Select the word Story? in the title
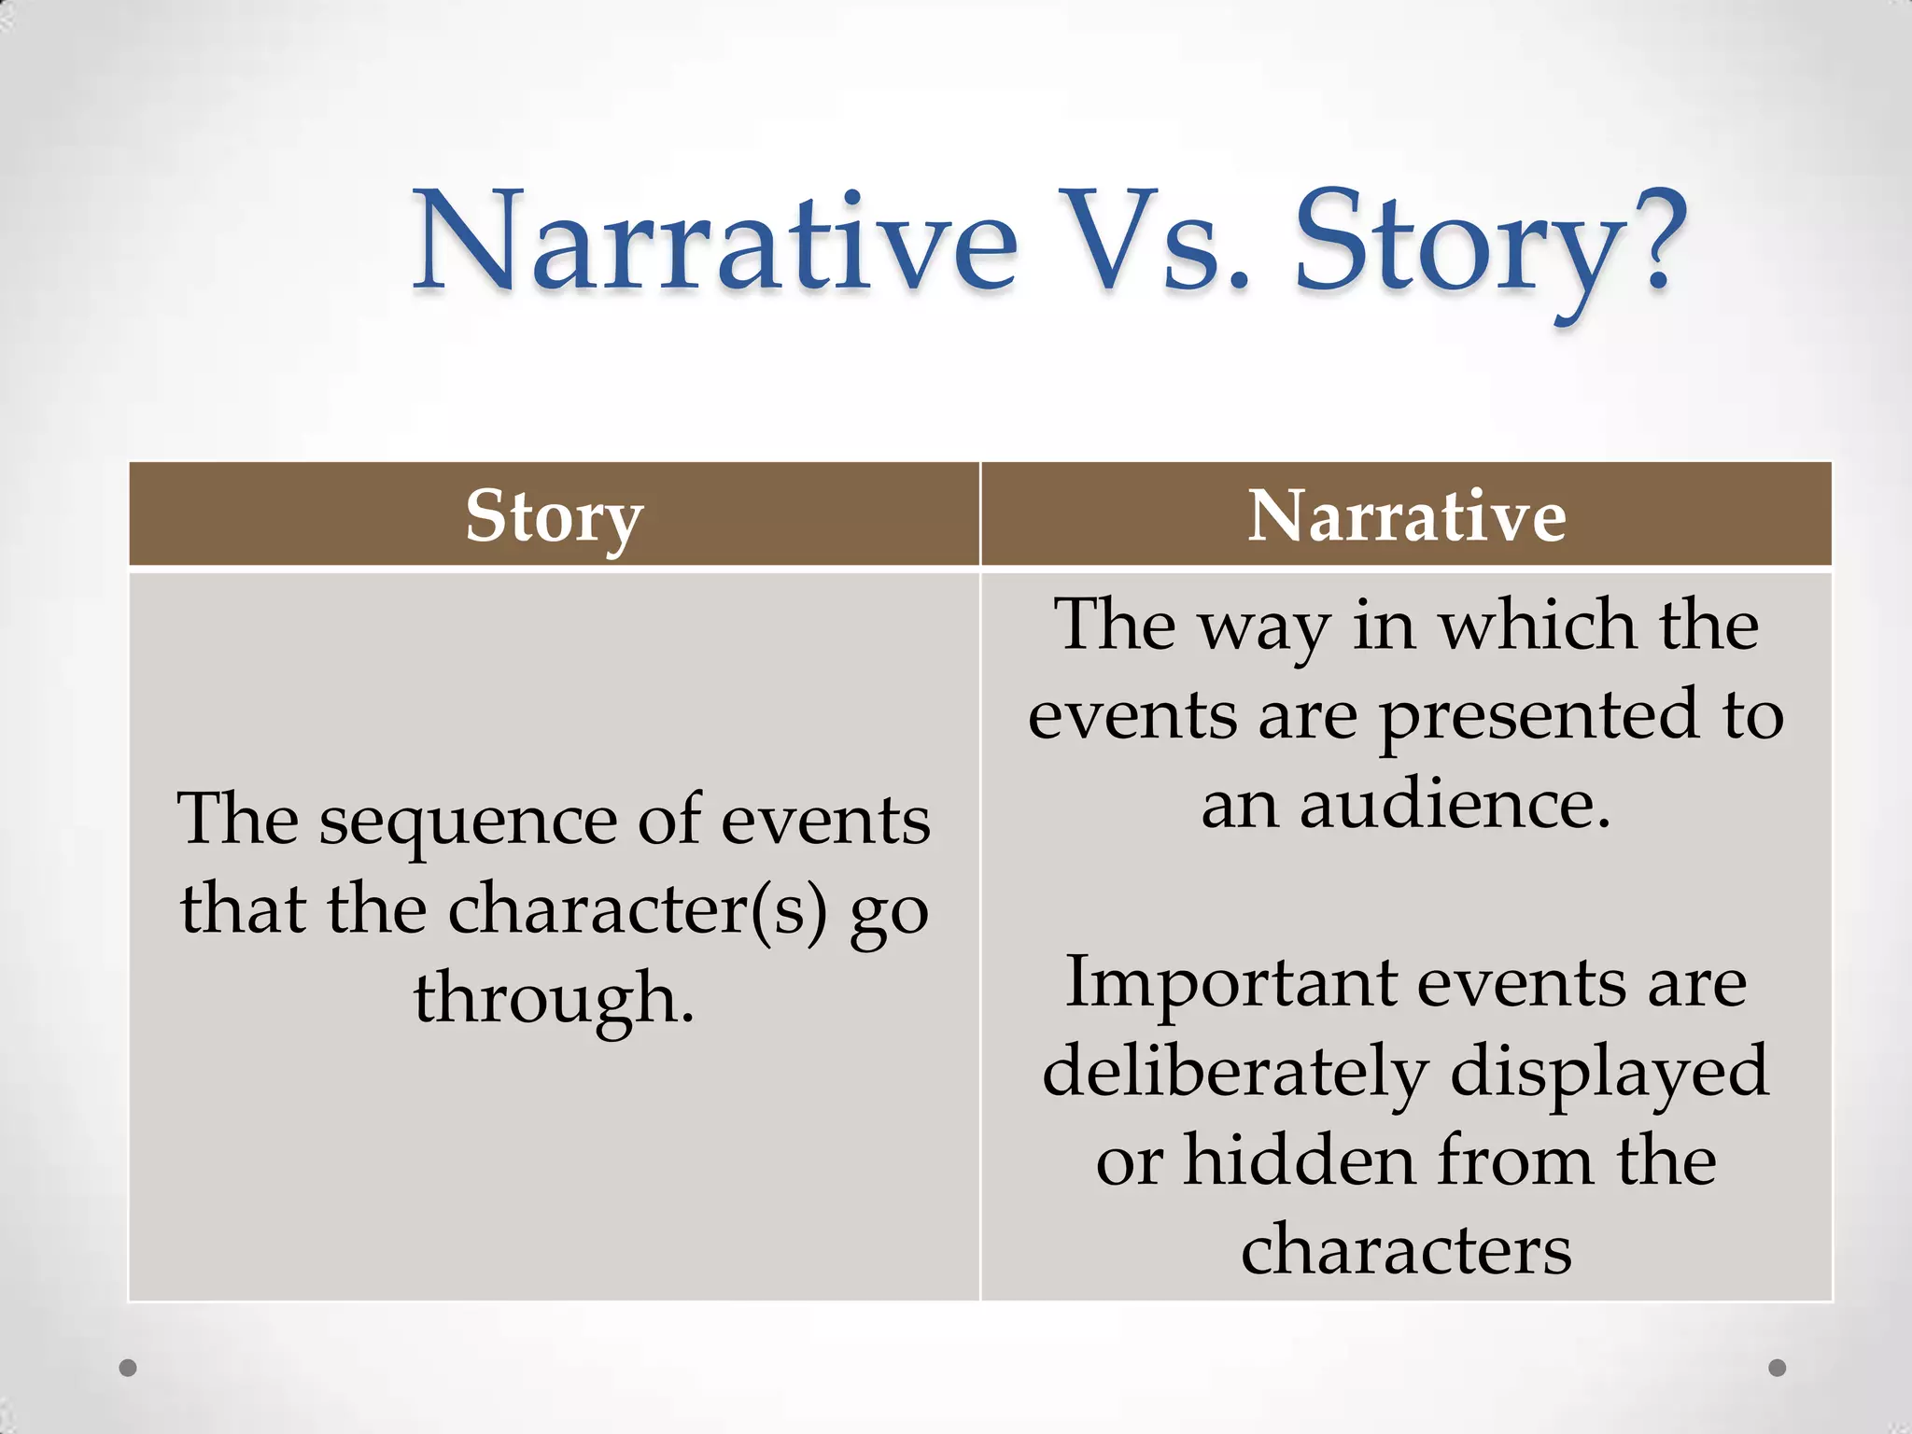(x=1490, y=245)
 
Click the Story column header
(x=555, y=515)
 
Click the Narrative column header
(x=1406, y=515)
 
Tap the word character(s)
(x=638, y=909)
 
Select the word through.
(x=554, y=997)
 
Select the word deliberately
(x=1235, y=1072)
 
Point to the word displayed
(x=1609, y=1072)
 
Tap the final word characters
(x=1406, y=1249)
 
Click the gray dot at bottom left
(x=129, y=1368)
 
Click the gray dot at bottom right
(x=1778, y=1368)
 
